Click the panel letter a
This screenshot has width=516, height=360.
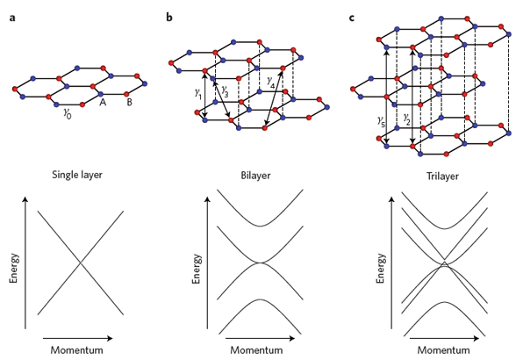(x=12, y=18)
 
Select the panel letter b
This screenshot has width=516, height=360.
(x=169, y=17)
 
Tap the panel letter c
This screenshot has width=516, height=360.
(x=352, y=18)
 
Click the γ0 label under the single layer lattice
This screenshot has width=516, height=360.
(x=67, y=113)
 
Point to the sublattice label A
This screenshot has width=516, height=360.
(x=103, y=103)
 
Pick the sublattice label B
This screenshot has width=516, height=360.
(x=129, y=103)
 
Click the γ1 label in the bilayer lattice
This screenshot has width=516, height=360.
(x=197, y=94)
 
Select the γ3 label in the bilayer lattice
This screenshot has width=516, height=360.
(x=225, y=91)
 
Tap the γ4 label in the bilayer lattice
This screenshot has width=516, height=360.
(x=271, y=82)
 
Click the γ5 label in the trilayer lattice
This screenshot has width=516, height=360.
(x=381, y=121)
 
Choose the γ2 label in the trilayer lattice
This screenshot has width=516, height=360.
(x=407, y=120)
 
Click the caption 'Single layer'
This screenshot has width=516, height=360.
(x=77, y=175)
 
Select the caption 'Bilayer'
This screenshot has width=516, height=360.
(x=255, y=176)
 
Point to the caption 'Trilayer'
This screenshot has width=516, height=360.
(x=442, y=176)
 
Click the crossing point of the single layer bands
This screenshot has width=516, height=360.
(x=81, y=263)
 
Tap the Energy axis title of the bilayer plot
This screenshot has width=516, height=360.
(x=197, y=269)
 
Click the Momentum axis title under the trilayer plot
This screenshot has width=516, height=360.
(x=444, y=349)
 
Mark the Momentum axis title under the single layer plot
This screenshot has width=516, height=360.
(x=76, y=349)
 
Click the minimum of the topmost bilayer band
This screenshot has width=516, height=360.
(x=260, y=226)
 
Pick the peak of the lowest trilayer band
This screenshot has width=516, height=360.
(x=444, y=302)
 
